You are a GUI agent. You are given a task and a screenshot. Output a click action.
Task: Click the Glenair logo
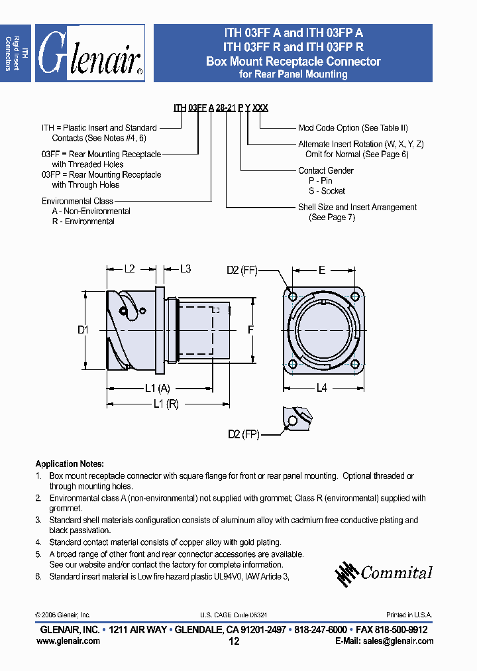coord(89,53)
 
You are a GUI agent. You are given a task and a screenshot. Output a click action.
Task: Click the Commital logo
coord(384,574)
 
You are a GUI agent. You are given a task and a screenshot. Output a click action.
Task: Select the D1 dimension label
coord(82,329)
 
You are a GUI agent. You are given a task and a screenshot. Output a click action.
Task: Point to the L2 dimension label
coord(130,269)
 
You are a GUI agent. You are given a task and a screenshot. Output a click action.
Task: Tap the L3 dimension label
coord(185,269)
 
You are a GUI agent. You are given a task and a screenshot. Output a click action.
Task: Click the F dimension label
coord(250,329)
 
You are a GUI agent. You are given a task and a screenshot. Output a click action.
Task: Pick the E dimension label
coord(322,270)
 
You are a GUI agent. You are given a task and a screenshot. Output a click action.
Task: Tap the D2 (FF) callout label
coord(241,270)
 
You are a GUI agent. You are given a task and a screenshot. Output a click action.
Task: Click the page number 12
coord(234,641)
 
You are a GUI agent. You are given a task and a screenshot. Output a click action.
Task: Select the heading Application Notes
coord(69,464)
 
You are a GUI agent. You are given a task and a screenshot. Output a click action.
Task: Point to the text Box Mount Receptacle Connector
coord(293,62)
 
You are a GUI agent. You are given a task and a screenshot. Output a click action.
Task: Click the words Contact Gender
coord(325,170)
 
